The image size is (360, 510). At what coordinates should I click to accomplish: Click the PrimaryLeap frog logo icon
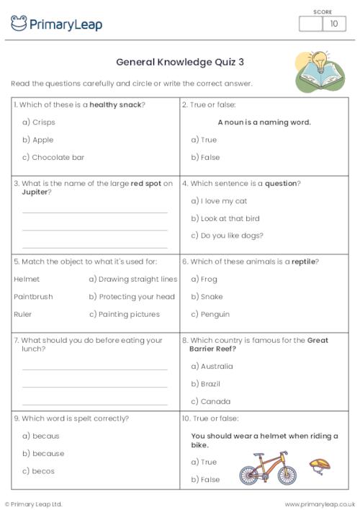click(x=19, y=24)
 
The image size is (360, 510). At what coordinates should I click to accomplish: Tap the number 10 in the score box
click(x=333, y=24)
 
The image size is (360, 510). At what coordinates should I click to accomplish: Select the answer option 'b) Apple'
click(x=38, y=140)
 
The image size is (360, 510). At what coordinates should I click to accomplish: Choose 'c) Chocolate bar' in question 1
click(x=53, y=157)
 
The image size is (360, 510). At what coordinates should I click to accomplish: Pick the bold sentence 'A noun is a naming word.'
click(x=264, y=122)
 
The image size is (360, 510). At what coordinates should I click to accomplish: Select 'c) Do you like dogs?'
click(x=227, y=236)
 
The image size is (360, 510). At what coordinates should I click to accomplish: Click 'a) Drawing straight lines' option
click(x=132, y=279)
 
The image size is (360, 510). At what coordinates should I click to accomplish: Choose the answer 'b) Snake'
click(x=207, y=297)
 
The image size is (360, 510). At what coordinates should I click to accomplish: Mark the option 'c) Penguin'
click(x=210, y=314)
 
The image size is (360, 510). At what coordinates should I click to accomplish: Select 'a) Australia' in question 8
click(x=212, y=367)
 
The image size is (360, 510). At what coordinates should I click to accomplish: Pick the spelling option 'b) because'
click(x=43, y=454)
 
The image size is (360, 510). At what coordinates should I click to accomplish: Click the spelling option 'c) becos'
click(x=38, y=471)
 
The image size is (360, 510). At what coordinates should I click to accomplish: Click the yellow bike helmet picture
click(x=318, y=465)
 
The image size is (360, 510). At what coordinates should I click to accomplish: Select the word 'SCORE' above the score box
click(x=322, y=12)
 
